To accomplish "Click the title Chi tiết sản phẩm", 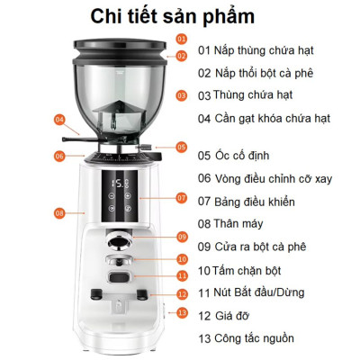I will [x=179, y=16].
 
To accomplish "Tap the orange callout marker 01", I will [x=182, y=39].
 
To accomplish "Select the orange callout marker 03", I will [x=182, y=94].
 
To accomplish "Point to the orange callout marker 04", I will [x=60, y=119].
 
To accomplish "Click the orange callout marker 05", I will [x=182, y=147].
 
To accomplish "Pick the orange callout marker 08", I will [x=59, y=213].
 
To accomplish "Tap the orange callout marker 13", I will [x=182, y=312].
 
